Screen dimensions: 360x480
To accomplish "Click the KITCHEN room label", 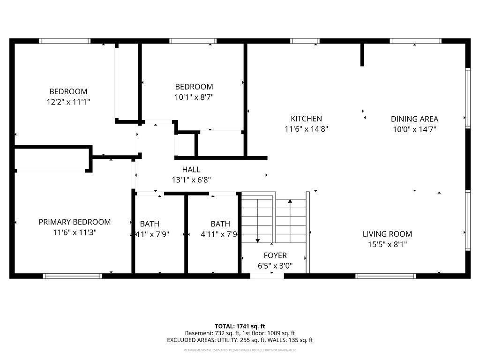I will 306,119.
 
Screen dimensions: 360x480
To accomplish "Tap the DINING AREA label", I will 414,119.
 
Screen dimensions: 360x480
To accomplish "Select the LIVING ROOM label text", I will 387,234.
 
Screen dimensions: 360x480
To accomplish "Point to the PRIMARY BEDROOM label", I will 75,222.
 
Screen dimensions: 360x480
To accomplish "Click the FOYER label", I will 275,255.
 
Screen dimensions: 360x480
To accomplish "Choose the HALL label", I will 191,170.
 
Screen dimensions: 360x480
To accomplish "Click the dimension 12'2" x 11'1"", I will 68,101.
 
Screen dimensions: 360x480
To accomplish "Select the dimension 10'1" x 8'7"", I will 194,97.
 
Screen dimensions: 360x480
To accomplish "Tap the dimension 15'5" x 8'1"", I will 387,244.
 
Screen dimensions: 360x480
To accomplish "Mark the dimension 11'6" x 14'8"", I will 306,129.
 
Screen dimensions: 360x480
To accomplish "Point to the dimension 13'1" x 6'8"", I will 191,180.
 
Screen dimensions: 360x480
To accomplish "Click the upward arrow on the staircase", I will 290,202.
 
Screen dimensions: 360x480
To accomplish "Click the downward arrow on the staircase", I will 257,240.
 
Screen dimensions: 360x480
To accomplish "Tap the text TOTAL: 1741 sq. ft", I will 240,326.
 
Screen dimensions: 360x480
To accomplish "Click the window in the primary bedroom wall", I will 73,276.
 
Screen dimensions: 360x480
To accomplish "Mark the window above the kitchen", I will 305,41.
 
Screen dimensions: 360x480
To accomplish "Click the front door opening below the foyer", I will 267,276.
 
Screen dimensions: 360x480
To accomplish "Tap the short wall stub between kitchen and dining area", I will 362,55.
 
